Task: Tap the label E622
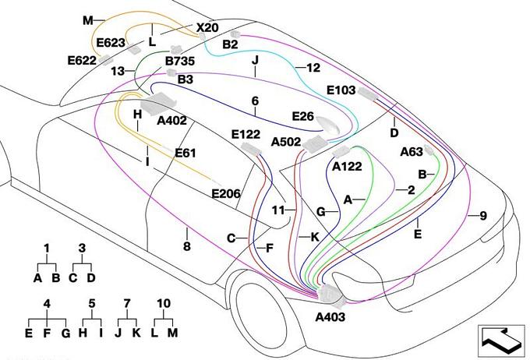(81, 59)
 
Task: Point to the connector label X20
(207, 28)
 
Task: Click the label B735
(180, 60)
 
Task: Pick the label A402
(171, 121)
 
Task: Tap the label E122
(246, 134)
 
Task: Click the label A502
(286, 142)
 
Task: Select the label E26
(302, 116)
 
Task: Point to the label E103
(341, 90)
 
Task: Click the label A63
(412, 152)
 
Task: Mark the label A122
(347, 165)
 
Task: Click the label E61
(185, 153)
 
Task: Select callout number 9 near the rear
(483, 216)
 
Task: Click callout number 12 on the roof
(313, 69)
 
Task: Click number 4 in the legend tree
(47, 303)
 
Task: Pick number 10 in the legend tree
(164, 303)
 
